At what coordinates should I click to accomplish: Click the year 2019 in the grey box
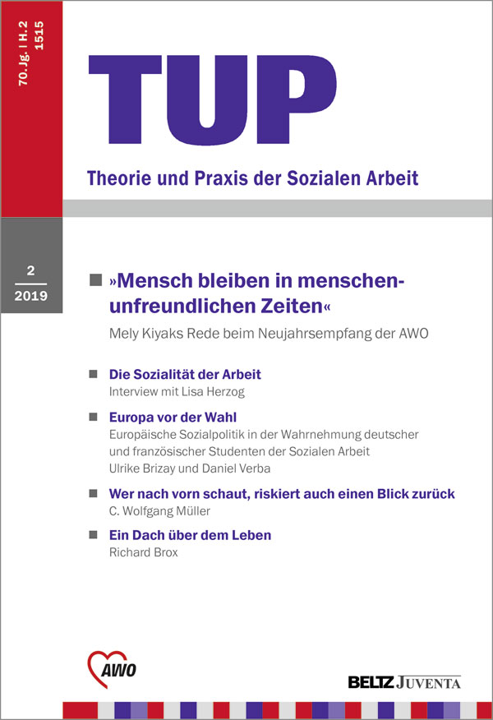(30, 297)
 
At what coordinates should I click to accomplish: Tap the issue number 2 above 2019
(30, 270)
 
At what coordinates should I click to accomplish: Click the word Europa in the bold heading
(133, 417)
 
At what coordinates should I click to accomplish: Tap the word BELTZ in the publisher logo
(373, 681)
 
